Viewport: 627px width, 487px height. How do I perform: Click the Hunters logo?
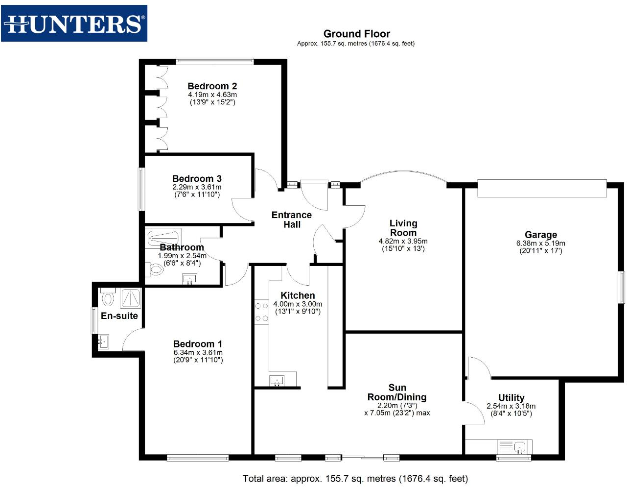click(x=74, y=23)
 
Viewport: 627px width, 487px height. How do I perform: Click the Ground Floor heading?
click(x=356, y=34)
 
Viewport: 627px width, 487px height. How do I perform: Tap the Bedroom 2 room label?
click(x=212, y=86)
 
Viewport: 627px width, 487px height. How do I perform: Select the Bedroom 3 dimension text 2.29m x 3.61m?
click(x=197, y=187)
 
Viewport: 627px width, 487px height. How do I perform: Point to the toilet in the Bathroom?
click(x=155, y=269)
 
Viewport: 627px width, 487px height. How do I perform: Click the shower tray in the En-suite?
click(x=130, y=298)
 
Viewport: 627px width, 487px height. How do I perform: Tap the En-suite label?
click(x=119, y=316)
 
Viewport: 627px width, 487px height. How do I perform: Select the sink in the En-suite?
click(x=103, y=341)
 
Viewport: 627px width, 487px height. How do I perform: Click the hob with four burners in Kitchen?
click(x=261, y=312)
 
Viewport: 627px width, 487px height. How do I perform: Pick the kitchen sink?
click(x=277, y=380)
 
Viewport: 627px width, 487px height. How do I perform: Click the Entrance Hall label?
click(x=292, y=219)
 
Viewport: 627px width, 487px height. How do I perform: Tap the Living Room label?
click(x=403, y=228)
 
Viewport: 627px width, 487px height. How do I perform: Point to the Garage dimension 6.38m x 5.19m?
click(x=540, y=243)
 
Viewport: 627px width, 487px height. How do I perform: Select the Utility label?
click(x=511, y=397)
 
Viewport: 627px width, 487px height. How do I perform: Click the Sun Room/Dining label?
click(x=397, y=392)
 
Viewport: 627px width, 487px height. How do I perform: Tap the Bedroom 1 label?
click(x=198, y=344)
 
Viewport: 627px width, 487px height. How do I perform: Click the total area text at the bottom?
click(x=355, y=479)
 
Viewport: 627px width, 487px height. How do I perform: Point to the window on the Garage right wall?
click(x=622, y=287)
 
